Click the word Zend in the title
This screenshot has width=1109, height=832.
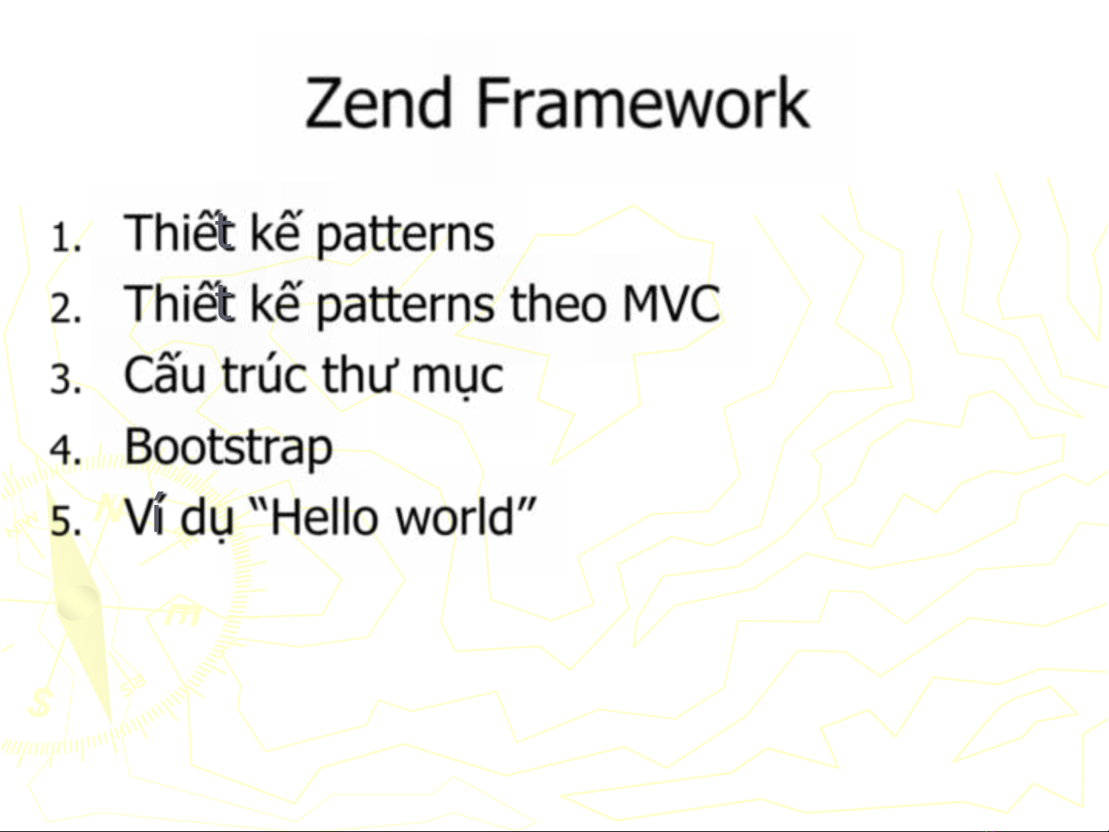pyautogui.click(x=378, y=102)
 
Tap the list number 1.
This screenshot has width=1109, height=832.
pyautogui.click(x=65, y=236)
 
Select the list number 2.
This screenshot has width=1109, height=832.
pyautogui.click(x=65, y=308)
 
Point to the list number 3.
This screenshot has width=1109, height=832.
pyautogui.click(x=65, y=379)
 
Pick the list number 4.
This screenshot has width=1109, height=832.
pyautogui.click(x=65, y=449)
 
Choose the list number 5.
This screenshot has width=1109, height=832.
pyautogui.click(x=65, y=520)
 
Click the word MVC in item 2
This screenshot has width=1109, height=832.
pyautogui.click(x=671, y=303)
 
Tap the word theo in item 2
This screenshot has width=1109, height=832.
pyautogui.click(x=558, y=303)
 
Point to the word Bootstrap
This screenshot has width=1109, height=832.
pyautogui.click(x=229, y=447)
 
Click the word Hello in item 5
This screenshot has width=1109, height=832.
pyautogui.click(x=324, y=516)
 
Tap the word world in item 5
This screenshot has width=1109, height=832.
pyautogui.click(x=455, y=516)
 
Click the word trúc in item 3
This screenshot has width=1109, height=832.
pyautogui.click(x=264, y=374)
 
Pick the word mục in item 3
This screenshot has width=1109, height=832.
pyautogui.click(x=457, y=378)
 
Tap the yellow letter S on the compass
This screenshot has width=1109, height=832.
pyautogui.click(x=41, y=702)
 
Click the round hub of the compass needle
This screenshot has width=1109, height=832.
pyautogui.click(x=78, y=603)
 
